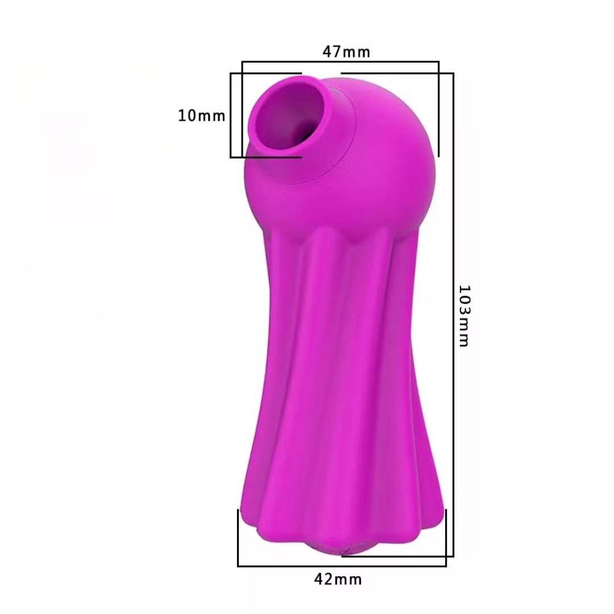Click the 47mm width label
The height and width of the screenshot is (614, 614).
click(346, 52)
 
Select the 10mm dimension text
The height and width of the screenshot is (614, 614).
click(201, 116)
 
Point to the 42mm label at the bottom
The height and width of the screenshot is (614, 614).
click(338, 579)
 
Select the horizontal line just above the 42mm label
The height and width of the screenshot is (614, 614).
click(341, 566)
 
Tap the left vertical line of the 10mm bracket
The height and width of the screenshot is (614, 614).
click(231, 115)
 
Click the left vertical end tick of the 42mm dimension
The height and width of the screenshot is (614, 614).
click(238, 537)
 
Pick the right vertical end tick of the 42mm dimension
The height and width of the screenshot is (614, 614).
click(446, 537)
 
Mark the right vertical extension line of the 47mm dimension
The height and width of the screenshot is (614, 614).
click(438, 108)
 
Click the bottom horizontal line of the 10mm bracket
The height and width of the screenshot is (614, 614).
click(265, 157)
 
